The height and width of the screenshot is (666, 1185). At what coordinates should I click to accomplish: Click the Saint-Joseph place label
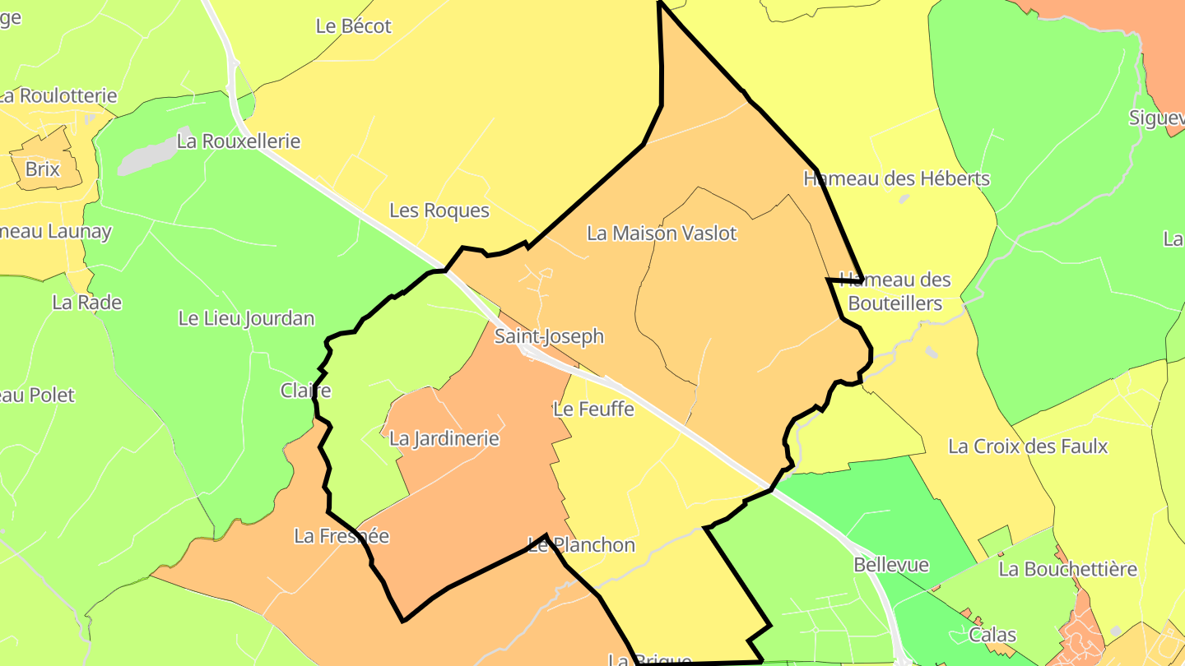coord(549,336)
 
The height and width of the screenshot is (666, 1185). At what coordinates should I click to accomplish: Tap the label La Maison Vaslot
coord(662,234)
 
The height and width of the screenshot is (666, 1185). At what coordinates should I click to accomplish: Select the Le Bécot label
coord(354,26)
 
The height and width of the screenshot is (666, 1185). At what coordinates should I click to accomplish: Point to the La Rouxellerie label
coord(239,141)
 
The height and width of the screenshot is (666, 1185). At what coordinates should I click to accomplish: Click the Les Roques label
coord(439,211)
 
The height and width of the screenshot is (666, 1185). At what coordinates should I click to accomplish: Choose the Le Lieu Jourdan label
coord(246,319)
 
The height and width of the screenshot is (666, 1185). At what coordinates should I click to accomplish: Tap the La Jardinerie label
coord(444,439)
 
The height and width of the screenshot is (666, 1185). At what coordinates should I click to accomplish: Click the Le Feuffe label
coord(593,409)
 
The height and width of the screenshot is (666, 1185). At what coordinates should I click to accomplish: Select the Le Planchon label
coord(582,545)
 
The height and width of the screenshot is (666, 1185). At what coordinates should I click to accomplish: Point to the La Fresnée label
coord(342,537)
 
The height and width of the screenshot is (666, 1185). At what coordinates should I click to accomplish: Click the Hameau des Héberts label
coord(896,178)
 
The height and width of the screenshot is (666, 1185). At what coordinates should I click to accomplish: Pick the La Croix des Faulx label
coord(1028,446)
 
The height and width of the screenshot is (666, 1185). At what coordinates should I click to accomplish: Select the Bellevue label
coord(891,566)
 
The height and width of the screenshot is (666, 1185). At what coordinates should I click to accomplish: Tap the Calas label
coord(992,636)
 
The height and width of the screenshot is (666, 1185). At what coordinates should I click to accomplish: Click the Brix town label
coord(43,169)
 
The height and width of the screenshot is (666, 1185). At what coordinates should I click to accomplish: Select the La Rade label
coord(86,303)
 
